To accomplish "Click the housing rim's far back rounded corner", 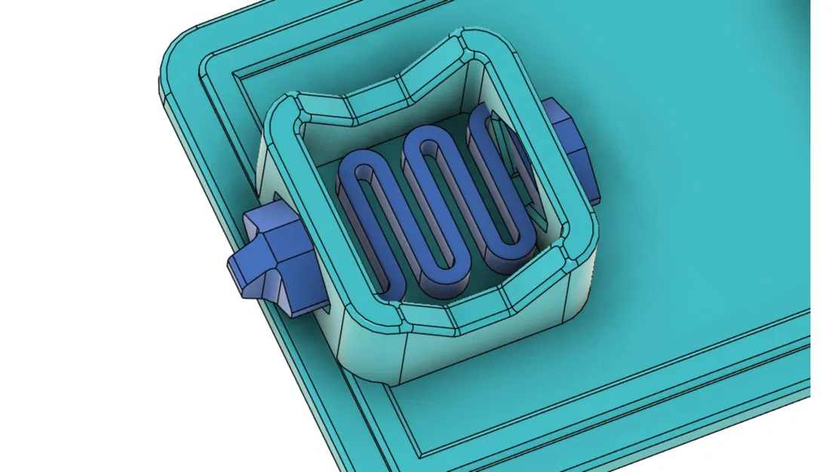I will coord(468,42).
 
